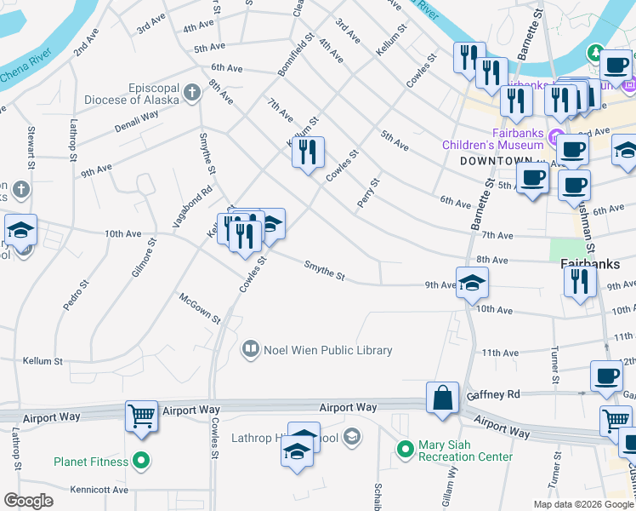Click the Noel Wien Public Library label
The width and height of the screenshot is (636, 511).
pyautogui.click(x=328, y=350)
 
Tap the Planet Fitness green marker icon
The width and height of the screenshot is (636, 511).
pyautogui.click(x=142, y=462)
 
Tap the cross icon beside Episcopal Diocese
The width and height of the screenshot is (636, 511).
pyautogui.click(x=193, y=90)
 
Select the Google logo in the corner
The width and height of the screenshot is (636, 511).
pyautogui.click(x=29, y=501)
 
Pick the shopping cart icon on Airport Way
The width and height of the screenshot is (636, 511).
pyautogui.click(x=142, y=416)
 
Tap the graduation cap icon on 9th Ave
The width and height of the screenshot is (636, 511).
pyautogui.click(x=472, y=283)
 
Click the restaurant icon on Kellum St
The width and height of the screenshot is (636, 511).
pyautogui.click(x=308, y=152)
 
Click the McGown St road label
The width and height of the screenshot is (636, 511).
pyautogui.click(x=200, y=308)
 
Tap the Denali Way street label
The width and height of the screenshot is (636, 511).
pyautogui.click(x=136, y=122)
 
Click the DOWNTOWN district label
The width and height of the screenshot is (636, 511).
pyautogui.click(x=491, y=160)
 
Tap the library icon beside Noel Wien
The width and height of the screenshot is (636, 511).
pyautogui.click(x=250, y=349)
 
